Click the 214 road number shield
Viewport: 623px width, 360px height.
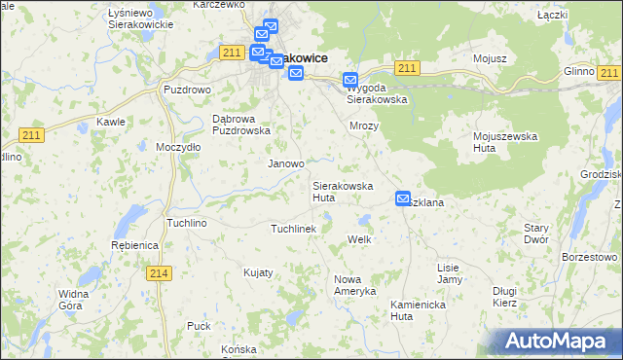click(x=161, y=273)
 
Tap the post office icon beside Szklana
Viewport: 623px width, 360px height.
click(x=403, y=198)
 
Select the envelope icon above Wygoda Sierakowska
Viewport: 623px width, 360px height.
click(x=351, y=82)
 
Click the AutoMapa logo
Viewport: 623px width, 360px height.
click(x=556, y=342)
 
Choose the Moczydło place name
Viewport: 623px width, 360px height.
click(x=178, y=147)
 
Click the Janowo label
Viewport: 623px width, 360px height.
click(x=286, y=164)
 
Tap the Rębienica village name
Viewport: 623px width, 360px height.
click(x=134, y=245)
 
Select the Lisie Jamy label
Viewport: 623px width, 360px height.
click(x=449, y=272)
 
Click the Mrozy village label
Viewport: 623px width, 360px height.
click(x=363, y=126)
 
